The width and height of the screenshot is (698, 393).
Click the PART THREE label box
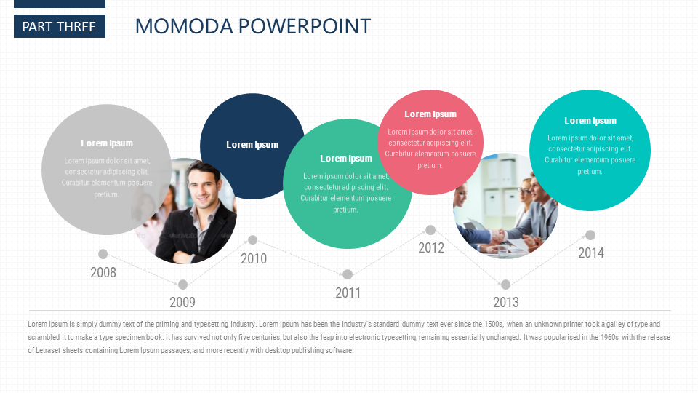click(x=60, y=26)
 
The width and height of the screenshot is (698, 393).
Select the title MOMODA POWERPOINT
click(x=253, y=26)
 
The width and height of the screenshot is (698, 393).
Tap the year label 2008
click(x=103, y=272)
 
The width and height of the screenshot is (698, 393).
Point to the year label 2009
click(x=182, y=302)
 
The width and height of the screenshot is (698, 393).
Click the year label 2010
click(x=254, y=258)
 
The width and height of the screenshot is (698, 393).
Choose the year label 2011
click(x=348, y=293)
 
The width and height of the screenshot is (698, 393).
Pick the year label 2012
click(x=431, y=247)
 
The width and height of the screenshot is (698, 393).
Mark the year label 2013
click(x=506, y=302)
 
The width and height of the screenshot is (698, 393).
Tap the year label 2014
click(x=591, y=253)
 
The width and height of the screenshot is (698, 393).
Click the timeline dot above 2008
click(x=103, y=254)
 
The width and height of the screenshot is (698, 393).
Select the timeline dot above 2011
click(x=348, y=274)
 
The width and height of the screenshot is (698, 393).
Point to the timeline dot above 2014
click(x=590, y=235)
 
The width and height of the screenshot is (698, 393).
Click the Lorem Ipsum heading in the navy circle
click(x=252, y=144)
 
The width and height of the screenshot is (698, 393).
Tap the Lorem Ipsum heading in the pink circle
click(x=430, y=114)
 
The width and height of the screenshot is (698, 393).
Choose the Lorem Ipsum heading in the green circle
click(x=346, y=158)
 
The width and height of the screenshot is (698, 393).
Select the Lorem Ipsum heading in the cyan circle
click(x=590, y=120)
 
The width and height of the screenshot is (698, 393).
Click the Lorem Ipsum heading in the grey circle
click(x=107, y=143)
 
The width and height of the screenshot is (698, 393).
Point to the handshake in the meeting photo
click(x=497, y=234)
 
